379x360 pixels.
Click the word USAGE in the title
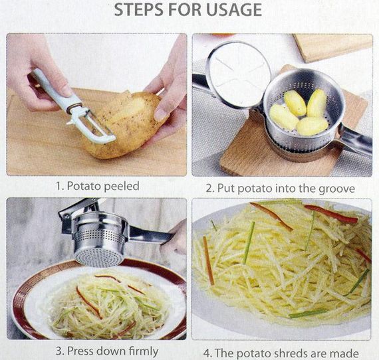pyautogui.click(x=234, y=10)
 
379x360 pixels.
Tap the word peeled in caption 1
pyautogui.click(x=121, y=187)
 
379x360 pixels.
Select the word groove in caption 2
pyautogui.click(x=336, y=189)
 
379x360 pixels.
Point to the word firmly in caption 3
pyautogui.click(x=144, y=351)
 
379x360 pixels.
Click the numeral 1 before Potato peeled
pyautogui.click(x=59, y=187)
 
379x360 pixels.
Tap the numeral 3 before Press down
pyautogui.click(x=59, y=351)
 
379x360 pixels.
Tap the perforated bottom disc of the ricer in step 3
pyautogui.click(x=99, y=258)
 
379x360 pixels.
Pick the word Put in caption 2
pyautogui.click(x=226, y=189)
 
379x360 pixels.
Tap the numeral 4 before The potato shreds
pyautogui.click(x=207, y=354)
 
